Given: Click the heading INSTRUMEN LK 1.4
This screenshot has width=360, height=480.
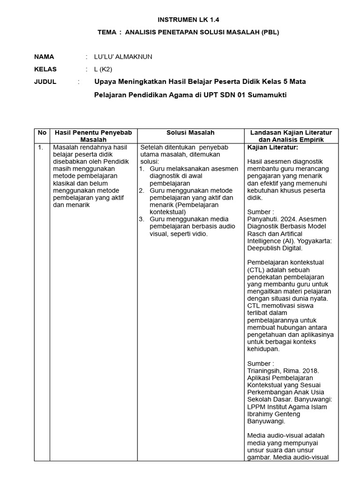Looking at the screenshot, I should (x=188, y=20).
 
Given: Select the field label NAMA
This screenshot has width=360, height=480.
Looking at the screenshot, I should (x=45, y=57).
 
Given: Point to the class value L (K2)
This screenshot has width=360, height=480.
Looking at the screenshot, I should (x=104, y=69).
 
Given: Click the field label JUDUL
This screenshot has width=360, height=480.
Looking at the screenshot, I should (x=45, y=82).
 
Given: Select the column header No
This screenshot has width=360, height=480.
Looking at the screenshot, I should (x=42, y=133).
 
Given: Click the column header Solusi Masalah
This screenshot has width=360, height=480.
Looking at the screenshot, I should (x=190, y=133).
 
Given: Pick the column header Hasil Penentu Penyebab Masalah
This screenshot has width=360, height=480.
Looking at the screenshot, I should (x=93, y=136).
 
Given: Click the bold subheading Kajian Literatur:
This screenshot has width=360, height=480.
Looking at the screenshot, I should (x=272, y=147).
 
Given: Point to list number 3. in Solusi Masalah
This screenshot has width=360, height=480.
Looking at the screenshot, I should (x=141, y=219).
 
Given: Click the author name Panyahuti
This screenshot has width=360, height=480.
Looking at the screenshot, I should (x=262, y=219).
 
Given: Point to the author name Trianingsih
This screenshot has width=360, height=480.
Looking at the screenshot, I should (x=265, y=370).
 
